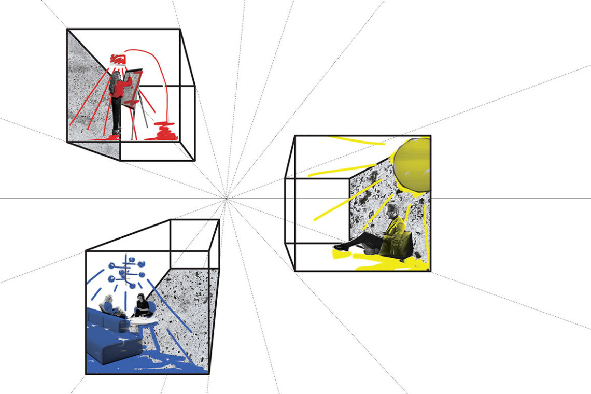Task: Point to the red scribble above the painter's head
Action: pyautogui.click(x=118, y=59)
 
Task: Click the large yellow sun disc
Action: pyautogui.click(x=412, y=165)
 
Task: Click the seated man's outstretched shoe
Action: pyautogui.click(x=341, y=247)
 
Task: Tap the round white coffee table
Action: pyautogui.click(x=143, y=321)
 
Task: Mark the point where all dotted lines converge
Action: pyautogui.click(x=226, y=199)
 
